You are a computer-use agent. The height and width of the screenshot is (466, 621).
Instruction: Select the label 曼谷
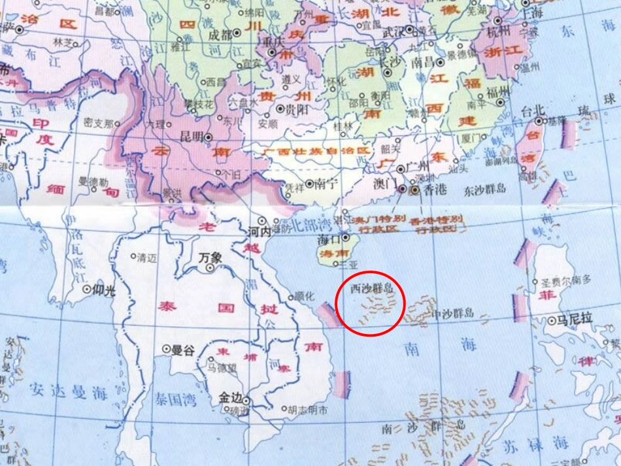183,350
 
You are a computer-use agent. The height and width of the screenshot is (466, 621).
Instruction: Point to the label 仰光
104,290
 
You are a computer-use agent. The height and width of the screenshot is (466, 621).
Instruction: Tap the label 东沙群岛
485,189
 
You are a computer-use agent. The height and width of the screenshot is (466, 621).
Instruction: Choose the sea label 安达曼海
68,392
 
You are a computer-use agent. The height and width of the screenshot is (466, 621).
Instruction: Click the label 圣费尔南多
566,280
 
